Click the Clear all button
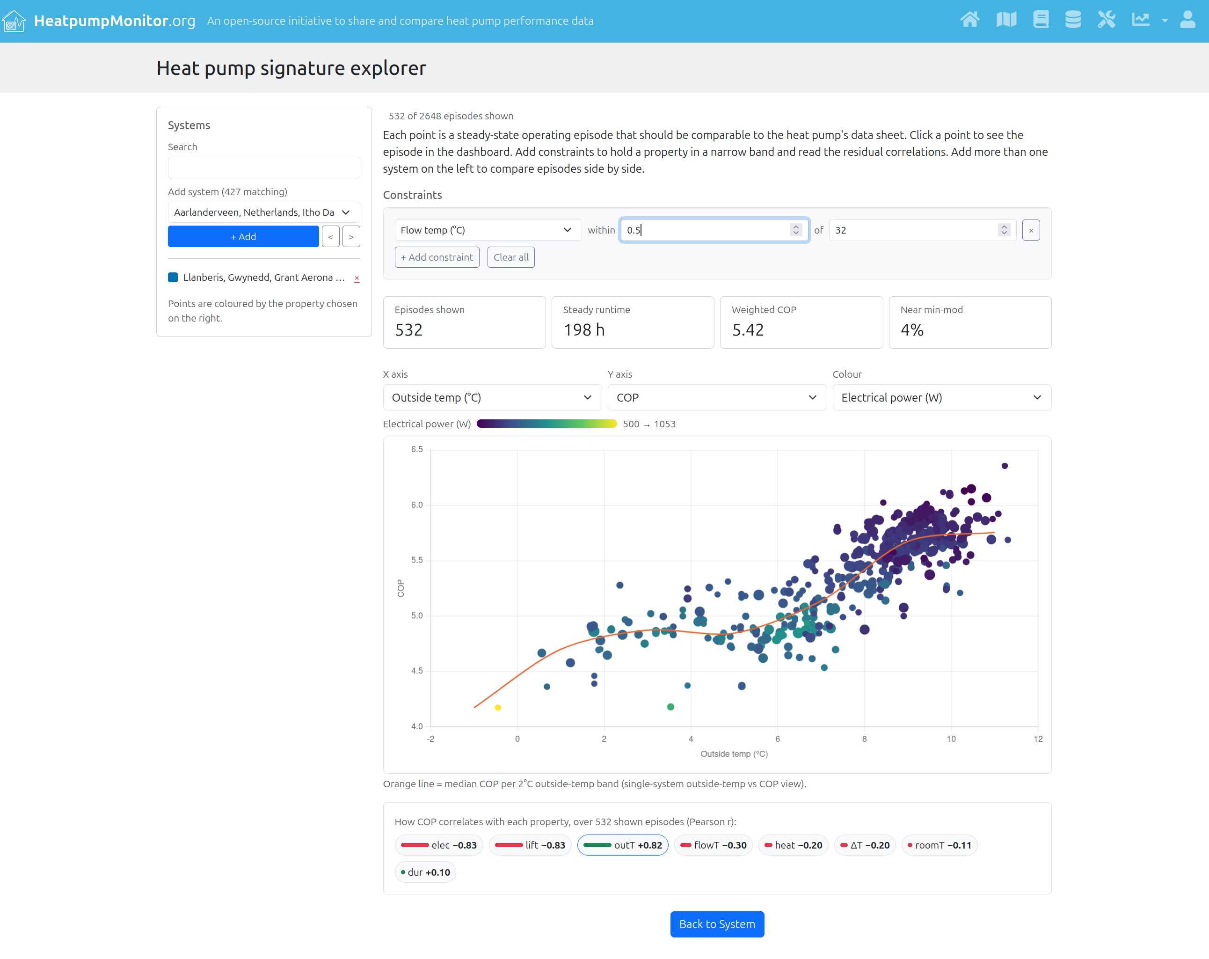point(511,257)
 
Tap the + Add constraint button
point(437,257)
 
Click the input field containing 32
point(921,230)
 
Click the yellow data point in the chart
point(497,708)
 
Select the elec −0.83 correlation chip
point(438,845)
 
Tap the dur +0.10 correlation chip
point(426,872)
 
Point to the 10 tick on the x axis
point(951,739)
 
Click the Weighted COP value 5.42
point(748,330)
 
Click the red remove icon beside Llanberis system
point(357,278)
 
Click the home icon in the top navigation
point(969,20)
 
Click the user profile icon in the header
point(1187,20)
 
